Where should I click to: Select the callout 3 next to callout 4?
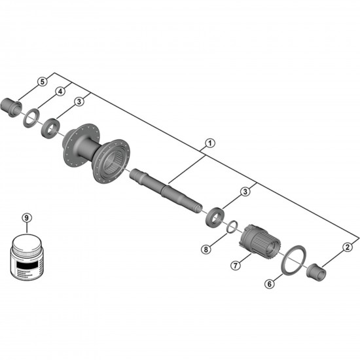coord(79,102)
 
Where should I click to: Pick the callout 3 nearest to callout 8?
coord(245,192)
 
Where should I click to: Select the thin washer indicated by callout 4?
coord(29,119)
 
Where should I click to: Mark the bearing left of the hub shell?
coord(50,125)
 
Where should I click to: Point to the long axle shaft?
coord(167,190)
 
